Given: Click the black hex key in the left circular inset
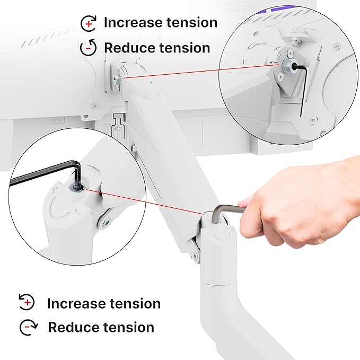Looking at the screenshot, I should click(x=37, y=173).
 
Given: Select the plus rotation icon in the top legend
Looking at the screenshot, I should click(x=89, y=23).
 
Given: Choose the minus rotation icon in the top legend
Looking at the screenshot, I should click(x=89, y=48).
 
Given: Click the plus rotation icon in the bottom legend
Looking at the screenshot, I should click(x=26, y=303).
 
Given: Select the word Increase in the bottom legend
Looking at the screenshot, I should click(x=76, y=303).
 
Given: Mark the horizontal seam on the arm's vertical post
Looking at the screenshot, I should click(x=217, y=283).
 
